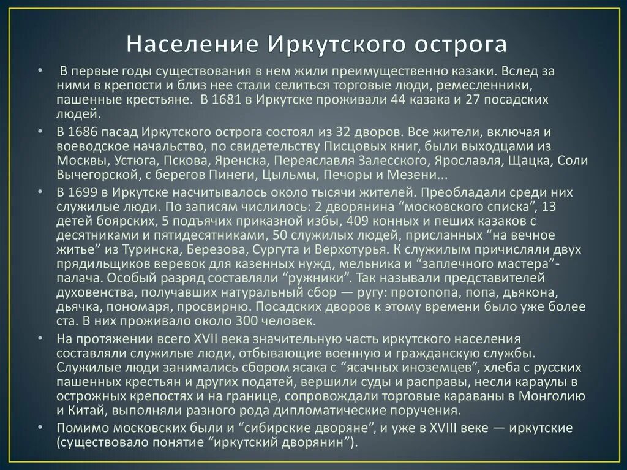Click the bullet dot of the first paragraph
coord(39,70)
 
